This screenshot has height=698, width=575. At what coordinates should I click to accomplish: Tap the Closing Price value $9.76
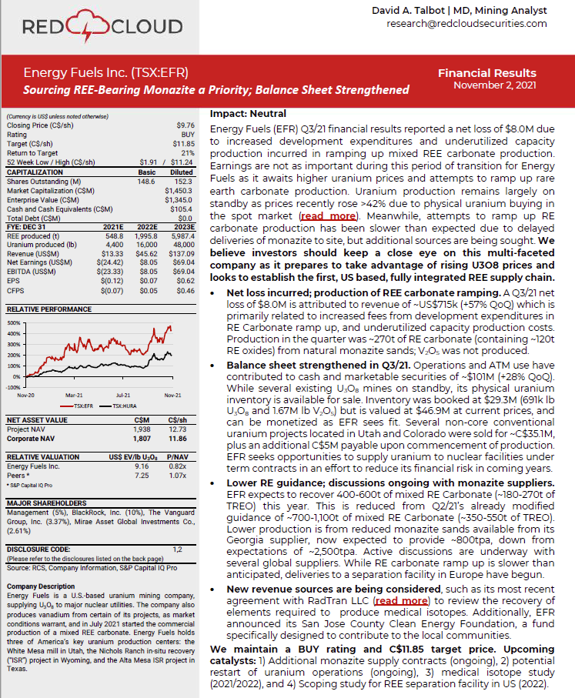click(x=185, y=125)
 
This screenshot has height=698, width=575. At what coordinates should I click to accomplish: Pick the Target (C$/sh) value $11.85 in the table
click(x=183, y=142)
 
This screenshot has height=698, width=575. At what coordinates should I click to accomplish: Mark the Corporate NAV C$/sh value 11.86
click(x=179, y=438)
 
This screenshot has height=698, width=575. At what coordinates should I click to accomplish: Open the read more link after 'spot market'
click(x=323, y=217)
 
